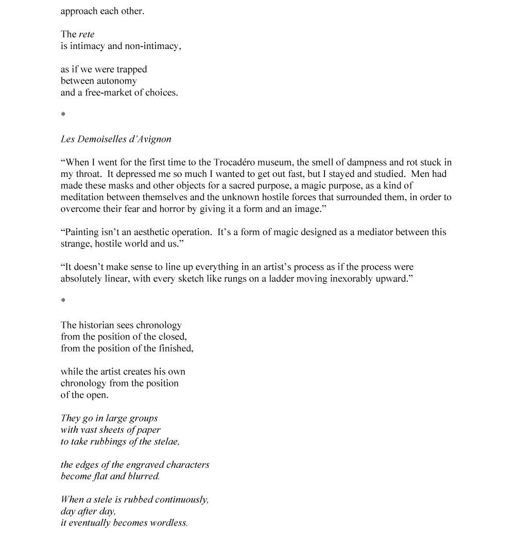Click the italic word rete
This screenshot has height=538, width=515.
click(87, 35)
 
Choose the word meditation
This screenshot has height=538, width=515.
click(84, 197)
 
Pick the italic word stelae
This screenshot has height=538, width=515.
click(165, 442)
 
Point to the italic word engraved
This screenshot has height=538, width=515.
click(146, 465)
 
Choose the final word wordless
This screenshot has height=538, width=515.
click(168, 523)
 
